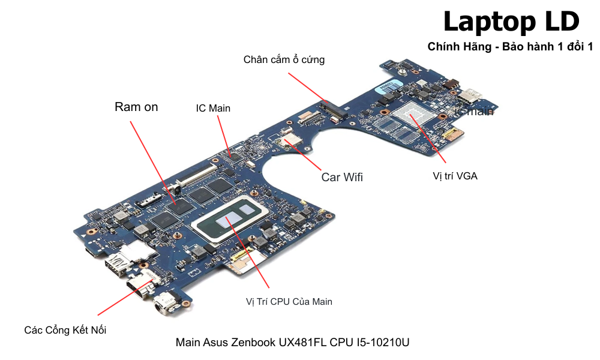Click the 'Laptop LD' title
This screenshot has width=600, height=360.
(x=511, y=22)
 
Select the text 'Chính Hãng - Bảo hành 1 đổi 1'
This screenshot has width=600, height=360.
(x=510, y=47)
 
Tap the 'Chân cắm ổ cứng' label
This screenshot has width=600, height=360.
(x=284, y=59)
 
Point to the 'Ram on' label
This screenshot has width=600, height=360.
(x=136, y=107)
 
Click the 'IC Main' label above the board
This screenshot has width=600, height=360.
(x=213, y=108)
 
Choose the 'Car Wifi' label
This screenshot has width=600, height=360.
(x=342, y=177)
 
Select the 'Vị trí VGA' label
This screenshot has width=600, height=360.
(x=455, y=176)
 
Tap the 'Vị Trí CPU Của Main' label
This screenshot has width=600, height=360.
(x=289, y=301)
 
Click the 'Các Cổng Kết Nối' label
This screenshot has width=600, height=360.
(x=65, y=329)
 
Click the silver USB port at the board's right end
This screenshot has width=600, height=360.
(x=470, y=94)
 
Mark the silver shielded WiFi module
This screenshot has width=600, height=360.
(x=293, y=139)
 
